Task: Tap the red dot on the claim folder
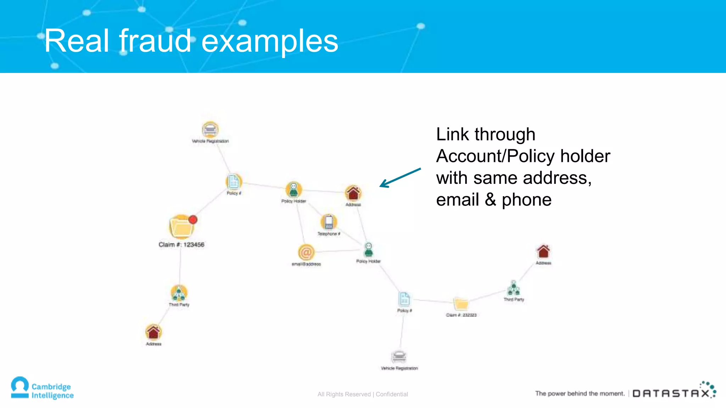(x=193, y=220)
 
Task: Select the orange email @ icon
(x=306, y=253)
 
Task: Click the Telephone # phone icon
(x=329, y=222)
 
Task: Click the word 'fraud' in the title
(x=155, y=41)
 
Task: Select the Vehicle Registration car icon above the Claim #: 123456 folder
(x=210, y=130)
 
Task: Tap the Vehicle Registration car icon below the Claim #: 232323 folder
(x=399, y=356)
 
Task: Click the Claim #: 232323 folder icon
(x=461, y=304)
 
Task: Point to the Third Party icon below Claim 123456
(x=179, y=293)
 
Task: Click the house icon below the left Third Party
(x=153, y=332)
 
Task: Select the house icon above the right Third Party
(x=543, y=251)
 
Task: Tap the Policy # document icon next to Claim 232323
(x=404, y=299)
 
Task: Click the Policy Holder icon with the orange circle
(x=294, y=189)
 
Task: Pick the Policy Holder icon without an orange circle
(x=369, y=250)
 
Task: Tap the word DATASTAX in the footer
(x=671, y=393)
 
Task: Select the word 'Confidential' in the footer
(x=392, y=394)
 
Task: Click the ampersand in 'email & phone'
(x=490, y=200)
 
